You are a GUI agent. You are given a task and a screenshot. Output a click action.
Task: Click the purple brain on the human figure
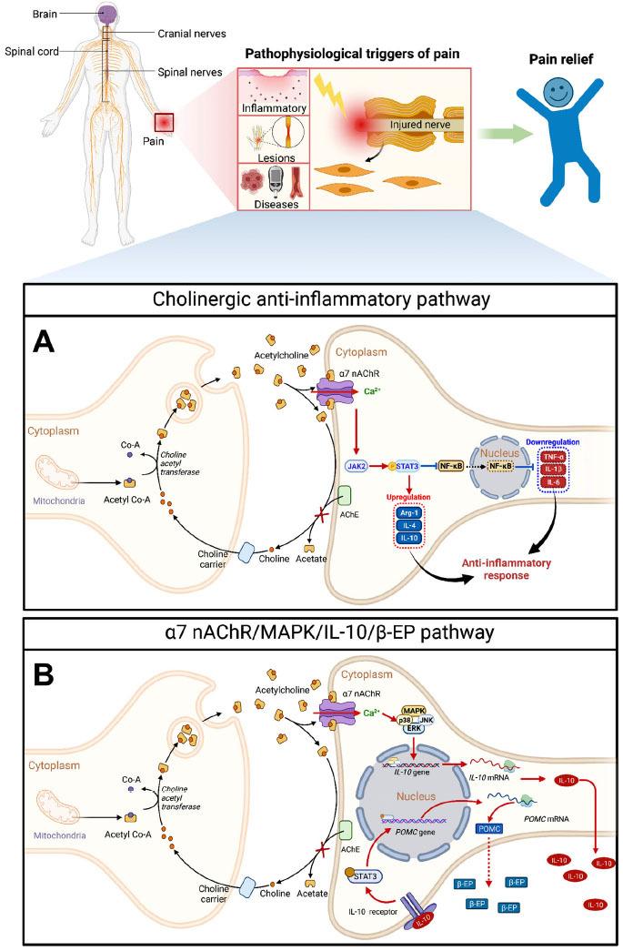pos(107,15)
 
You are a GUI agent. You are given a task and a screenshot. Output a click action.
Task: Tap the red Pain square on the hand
pos(166,121)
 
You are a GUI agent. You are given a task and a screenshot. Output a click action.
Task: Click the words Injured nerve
pos(419,124)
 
